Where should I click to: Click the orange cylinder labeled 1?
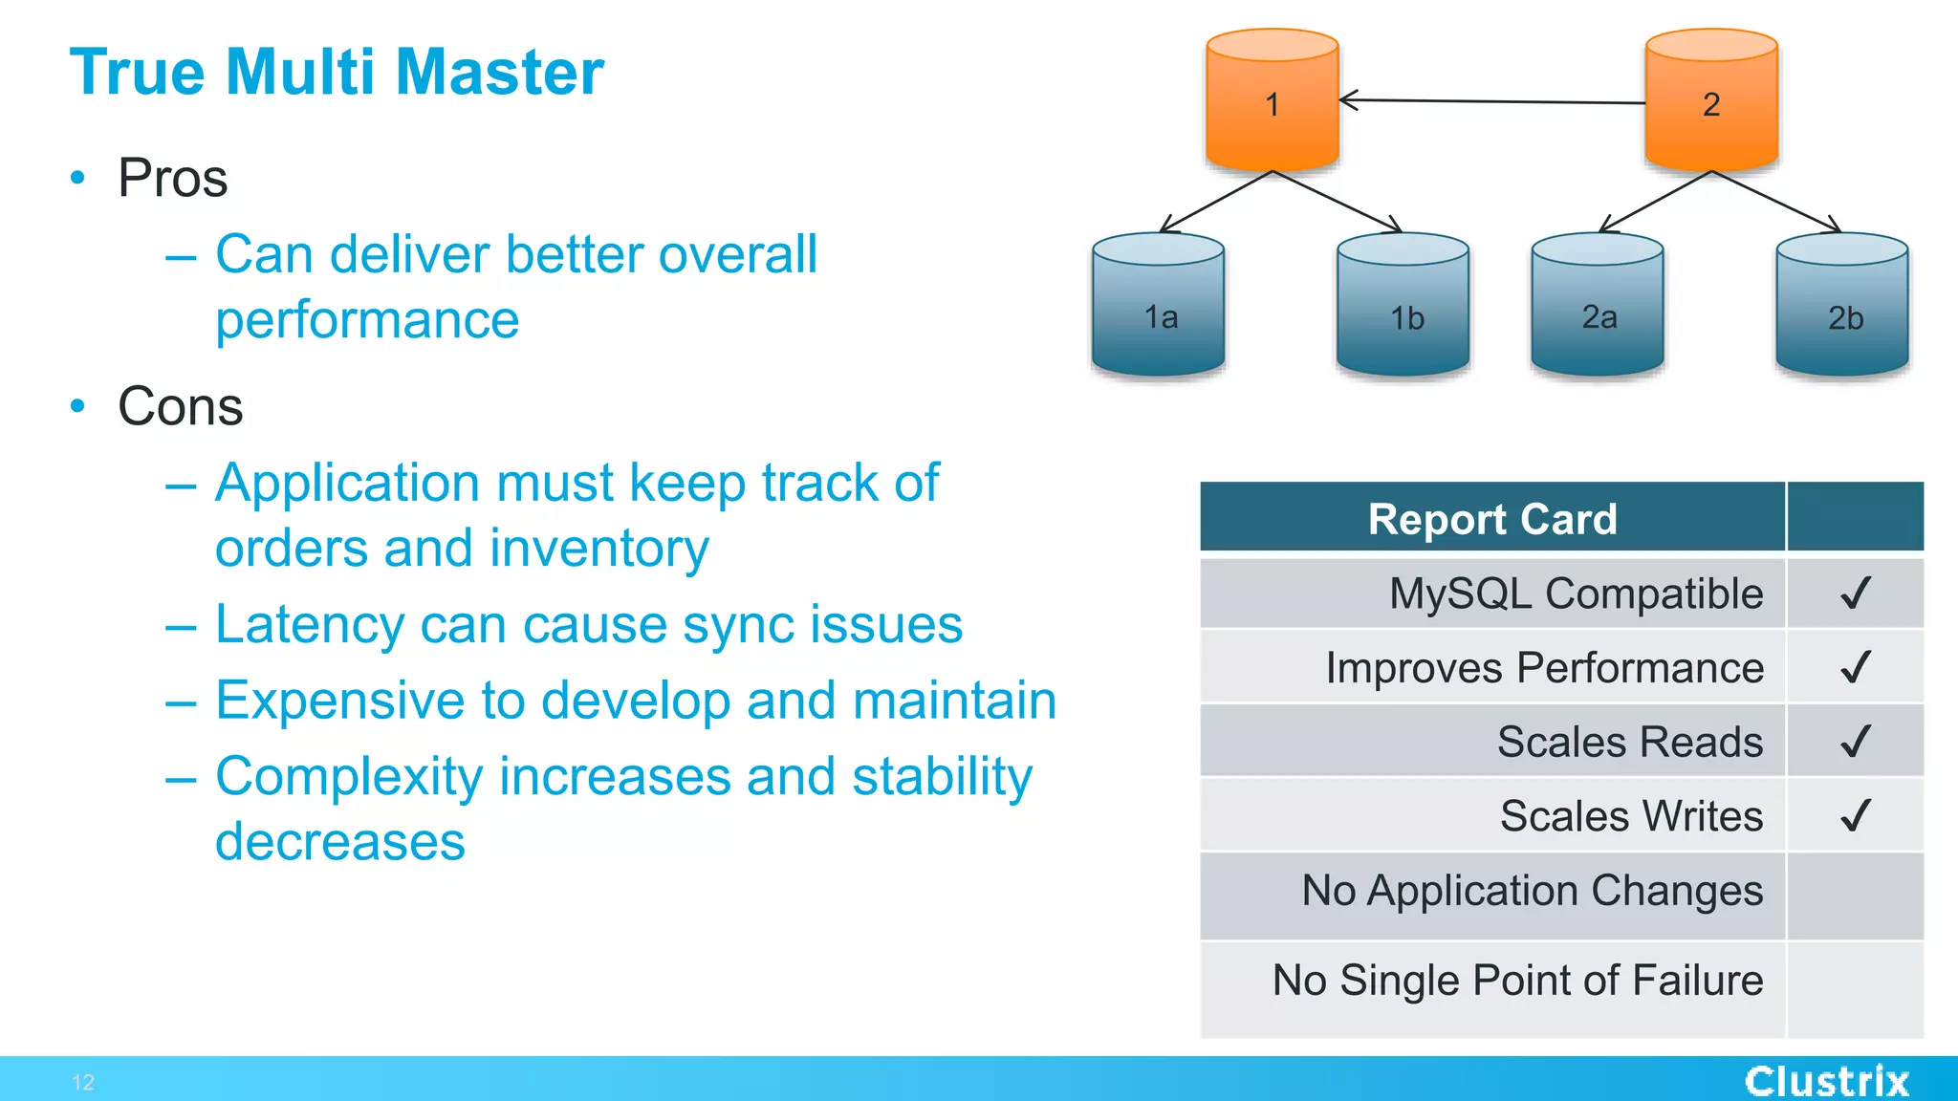pyautogui.click(x=1272, y=101)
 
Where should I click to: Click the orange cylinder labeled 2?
pyautogui.click(x=1710, y=101)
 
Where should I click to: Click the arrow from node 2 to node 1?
pyautogui.click(x=1491, y=100)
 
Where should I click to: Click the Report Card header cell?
pyautogui.click(x=1491, y=519)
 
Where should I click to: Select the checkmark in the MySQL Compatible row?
pyautogui.click(x=1855, y=594)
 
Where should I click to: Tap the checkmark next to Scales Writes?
pyautogui.click(x=1855, y=816)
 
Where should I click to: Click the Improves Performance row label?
pyautogui.click(x=1544, y=668)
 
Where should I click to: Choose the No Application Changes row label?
pyautogui.click(x=1532, y=891)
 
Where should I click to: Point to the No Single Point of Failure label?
pyautogui.click(x=1517, y=981)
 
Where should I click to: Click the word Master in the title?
pyautogui.click(x=499, y=73)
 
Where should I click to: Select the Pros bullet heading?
pyautogui.click(x=172, y=179)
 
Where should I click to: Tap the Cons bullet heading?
pyautogui.click(x=180, y=407)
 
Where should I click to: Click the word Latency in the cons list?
pyautogui.click(x=309, y=625)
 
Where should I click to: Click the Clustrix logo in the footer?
pyautogui.click(x=1826, y=1081)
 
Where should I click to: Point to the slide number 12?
pyautogui.click(x=83, y=1082)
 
